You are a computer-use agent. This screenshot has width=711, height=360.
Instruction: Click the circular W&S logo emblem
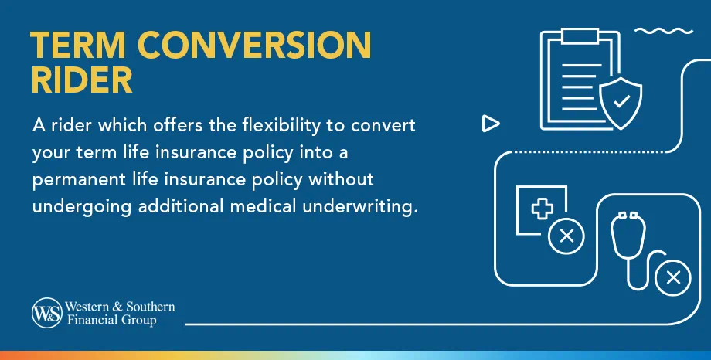pos(45,313)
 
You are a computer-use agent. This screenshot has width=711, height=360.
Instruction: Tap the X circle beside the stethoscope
pos(672,276)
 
